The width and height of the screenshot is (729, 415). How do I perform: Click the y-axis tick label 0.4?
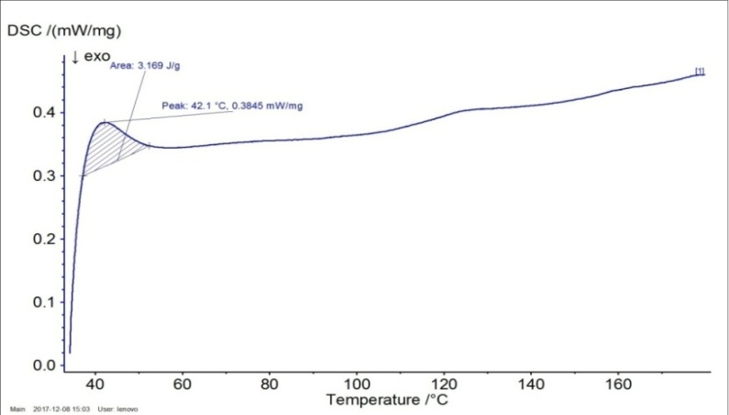[42, 113]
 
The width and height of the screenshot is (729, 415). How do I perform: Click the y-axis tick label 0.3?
[42, 176]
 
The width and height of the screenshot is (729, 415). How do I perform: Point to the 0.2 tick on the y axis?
[42, 239]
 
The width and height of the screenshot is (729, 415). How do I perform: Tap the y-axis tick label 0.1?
[42, 302]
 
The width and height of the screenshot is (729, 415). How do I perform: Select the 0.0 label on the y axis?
[42, 365]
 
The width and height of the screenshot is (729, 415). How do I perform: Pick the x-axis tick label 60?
[182, 384]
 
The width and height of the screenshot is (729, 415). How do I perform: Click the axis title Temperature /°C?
[390, 400]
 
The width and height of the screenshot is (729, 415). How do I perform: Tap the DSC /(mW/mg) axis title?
[65, 31]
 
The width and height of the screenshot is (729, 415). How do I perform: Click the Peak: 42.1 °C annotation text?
[232, 106]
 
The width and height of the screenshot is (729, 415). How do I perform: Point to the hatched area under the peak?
[110, 147]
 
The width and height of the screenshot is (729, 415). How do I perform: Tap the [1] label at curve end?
[700, 71]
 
